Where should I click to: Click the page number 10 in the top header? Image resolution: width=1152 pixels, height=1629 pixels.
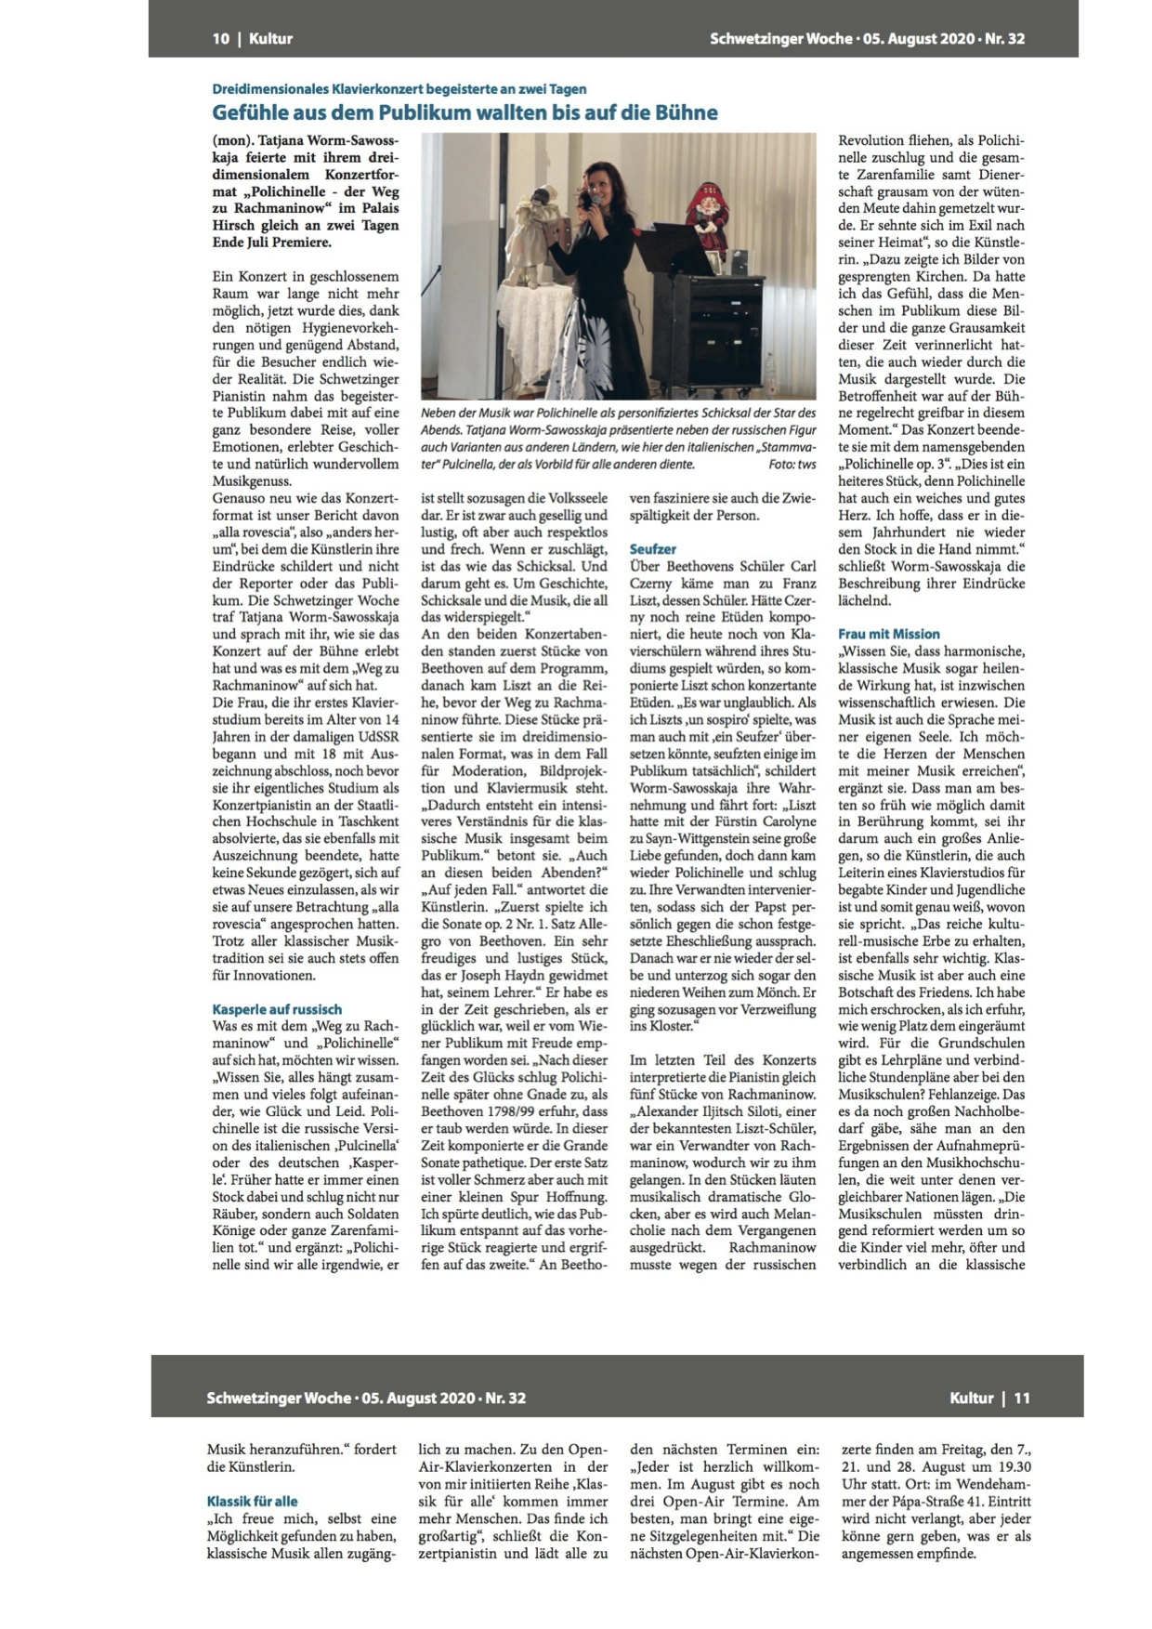[220, 39]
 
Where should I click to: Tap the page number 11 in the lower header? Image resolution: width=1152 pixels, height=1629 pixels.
[1022, 1398]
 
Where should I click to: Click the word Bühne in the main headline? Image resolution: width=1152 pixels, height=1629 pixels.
[687, 113]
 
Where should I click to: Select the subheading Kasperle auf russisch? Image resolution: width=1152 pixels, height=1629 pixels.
[277, 1009]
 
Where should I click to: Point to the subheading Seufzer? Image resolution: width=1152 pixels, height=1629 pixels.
[653, 549]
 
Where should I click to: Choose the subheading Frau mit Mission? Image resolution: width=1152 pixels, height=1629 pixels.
[889, 634]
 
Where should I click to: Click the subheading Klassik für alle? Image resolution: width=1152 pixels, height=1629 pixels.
[253, 1501]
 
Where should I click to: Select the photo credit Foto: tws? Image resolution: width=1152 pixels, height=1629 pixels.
[792, 463]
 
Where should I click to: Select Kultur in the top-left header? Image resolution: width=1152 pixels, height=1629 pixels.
[270, 39]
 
